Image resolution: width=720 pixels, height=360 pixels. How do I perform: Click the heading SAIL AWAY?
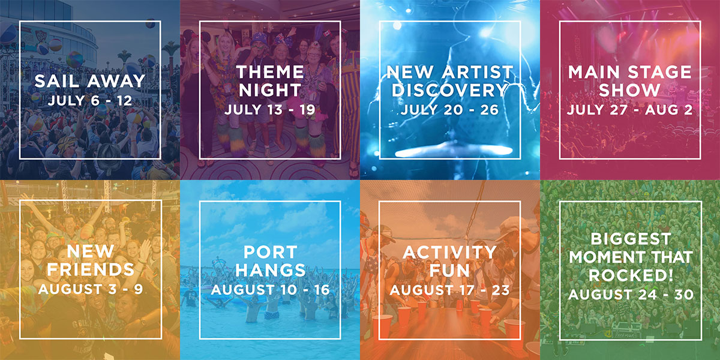[89, 81]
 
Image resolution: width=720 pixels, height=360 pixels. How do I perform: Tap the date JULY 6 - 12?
[89, 101]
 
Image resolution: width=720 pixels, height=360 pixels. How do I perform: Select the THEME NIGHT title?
[270, 81]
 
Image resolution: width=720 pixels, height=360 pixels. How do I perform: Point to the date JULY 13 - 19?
[269, 110]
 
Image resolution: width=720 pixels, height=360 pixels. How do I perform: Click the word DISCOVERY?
[449, 90]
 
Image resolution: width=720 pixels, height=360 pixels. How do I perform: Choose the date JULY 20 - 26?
[449, 110]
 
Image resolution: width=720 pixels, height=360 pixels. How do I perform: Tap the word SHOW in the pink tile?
[629, 90]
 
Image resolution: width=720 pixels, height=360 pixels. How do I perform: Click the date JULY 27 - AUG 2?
[629, 110]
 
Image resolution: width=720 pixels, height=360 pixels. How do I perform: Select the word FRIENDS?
[91, 269]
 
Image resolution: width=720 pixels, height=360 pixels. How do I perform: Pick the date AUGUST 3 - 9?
[91, 289]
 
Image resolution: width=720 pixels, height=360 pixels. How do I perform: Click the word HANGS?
[271, 270]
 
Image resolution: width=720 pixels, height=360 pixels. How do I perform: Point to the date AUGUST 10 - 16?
[271, 290]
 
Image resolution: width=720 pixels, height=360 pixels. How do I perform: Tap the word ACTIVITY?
[449, 253]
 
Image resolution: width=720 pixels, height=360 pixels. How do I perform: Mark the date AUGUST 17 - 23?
[449, 290]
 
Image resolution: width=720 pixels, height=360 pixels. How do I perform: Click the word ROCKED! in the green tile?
[631, 275]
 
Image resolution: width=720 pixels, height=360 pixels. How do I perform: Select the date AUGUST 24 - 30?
[631, 295]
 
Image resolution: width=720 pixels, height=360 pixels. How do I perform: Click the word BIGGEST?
[631, 239]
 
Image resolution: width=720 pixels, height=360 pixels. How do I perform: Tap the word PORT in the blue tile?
[271, 252]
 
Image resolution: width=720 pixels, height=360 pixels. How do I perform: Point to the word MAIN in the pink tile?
[593, 72]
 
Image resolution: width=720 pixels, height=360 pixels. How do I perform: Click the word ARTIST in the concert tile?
[478, 72]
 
